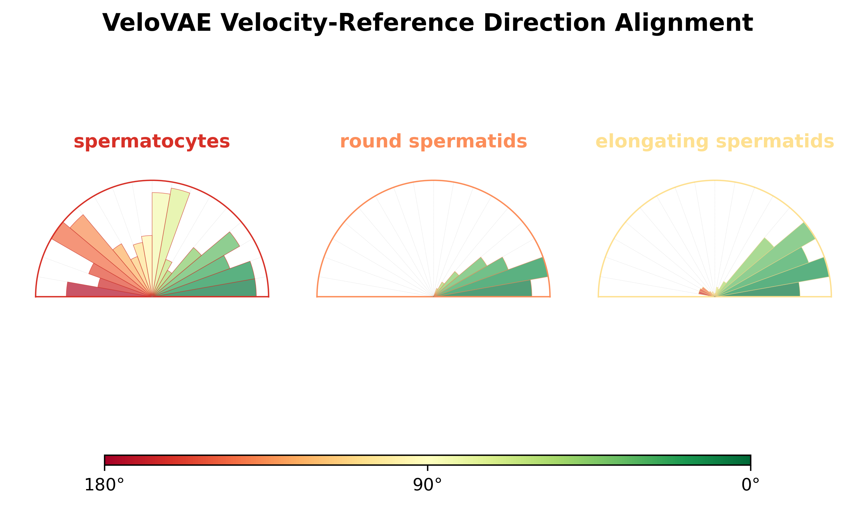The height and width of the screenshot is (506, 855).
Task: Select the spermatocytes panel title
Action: tap(152, 142)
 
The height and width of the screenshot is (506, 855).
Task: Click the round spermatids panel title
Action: tap(433, 142)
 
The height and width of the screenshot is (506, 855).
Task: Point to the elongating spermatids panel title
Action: tap(715, 142)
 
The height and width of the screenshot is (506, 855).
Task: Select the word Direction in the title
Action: tap(545, 23)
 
